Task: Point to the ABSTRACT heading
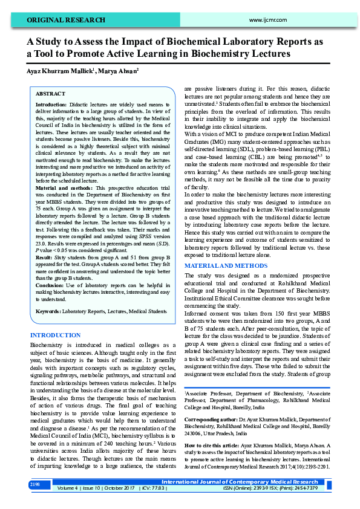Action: coord(51,94)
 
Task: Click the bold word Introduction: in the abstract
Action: coord(51,105)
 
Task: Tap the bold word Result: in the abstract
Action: coord(45,257)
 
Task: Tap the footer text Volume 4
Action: coord(67,488)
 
